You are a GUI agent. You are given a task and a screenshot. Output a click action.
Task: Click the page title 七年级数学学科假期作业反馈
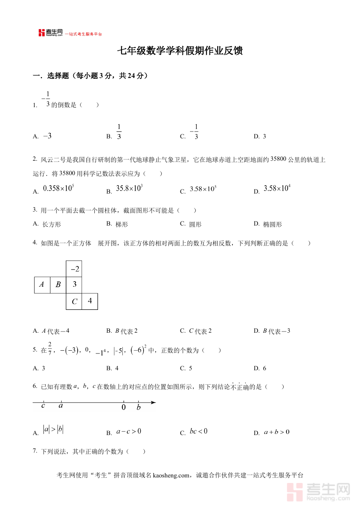click(180, 51)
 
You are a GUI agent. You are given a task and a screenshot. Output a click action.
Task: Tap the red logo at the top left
click(42, 33)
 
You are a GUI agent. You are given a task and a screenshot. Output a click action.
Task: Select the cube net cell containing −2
click(74, 269)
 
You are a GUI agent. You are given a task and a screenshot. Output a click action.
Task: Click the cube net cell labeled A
click(42, 285)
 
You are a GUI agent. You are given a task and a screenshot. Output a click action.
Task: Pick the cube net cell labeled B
click(58, 285)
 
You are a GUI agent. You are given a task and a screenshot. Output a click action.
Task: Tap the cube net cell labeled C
click(74, 301)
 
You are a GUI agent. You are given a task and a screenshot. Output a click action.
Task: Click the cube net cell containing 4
click(90, 301)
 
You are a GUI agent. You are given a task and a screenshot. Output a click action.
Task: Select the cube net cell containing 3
click(74, 285)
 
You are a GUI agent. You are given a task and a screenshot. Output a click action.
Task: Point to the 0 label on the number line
click(124, 407)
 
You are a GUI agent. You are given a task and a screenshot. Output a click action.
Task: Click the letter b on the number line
click(138, 407)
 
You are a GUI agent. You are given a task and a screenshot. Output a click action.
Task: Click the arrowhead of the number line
click(154, 402)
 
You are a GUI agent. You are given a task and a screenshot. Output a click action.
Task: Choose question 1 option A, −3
click(47, 136)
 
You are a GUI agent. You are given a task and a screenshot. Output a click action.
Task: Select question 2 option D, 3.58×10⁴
click(276, 189)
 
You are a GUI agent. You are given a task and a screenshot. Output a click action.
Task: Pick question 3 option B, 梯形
click(122, 224)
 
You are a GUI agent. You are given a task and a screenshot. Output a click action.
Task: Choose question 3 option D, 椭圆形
click(272, 224)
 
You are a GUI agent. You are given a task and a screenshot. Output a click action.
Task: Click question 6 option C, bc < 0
click(198, 431)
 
